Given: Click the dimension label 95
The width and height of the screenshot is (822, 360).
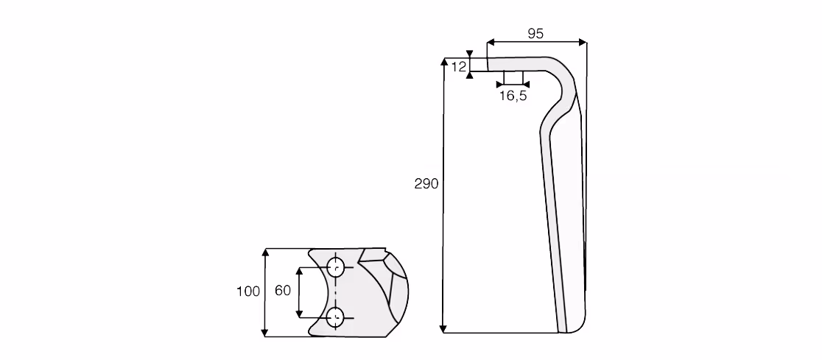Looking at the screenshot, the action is point(535,34).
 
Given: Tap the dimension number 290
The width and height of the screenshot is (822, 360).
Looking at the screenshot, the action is point(426,185).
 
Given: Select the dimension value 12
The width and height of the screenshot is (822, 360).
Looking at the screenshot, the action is point(458,66).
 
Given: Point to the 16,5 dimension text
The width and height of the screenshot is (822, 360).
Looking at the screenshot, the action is point(513,96).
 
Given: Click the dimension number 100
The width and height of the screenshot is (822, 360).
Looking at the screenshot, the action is point(248,292).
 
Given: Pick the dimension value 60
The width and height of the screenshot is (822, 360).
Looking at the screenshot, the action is point(283,290).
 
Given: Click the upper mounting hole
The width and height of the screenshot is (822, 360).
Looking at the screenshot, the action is point(335,267).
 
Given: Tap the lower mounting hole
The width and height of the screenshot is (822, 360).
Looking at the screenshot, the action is point(335,317).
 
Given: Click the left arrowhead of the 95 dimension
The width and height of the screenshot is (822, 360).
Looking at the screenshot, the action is point(491,42).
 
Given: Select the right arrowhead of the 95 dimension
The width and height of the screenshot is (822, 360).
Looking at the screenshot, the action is point(582,42).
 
